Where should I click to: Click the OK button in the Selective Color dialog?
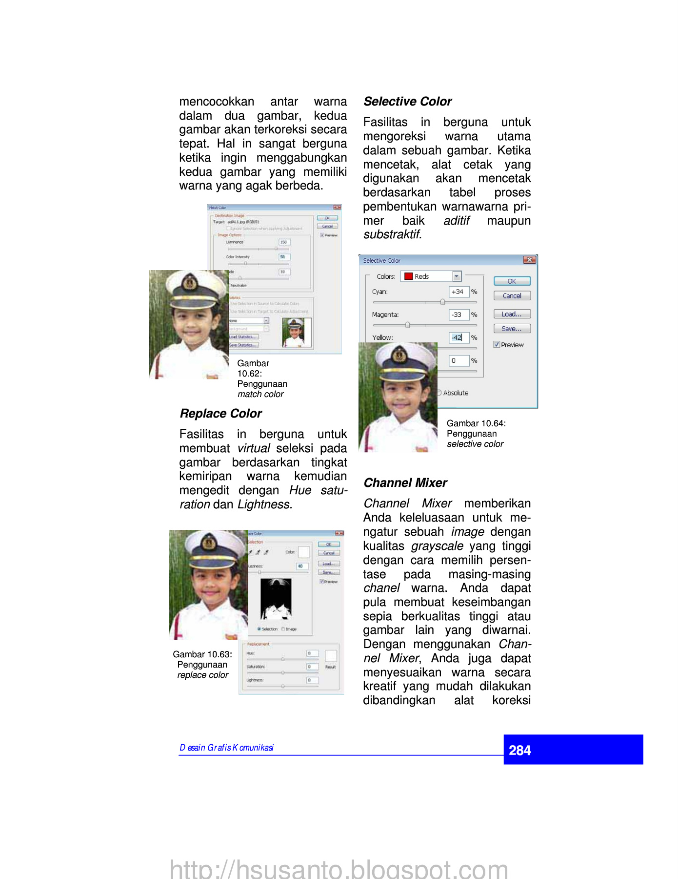tap(512, 281)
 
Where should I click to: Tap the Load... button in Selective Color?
tap(512, 314)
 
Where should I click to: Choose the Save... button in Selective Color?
tap(512, 329)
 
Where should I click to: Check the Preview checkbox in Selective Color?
tap(497, 344)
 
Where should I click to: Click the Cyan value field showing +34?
tap(459, 292)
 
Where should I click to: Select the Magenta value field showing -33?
tap(459, 314)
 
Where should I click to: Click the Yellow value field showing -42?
tap(459, 337)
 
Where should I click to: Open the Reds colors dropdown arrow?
tap(457, 276)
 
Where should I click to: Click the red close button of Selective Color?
tap(529, 260)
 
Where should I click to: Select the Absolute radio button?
tap(439, 393)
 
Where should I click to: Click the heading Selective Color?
tap(408, 102)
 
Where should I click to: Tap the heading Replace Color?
tap(221, 414)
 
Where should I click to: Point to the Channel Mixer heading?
tap(405, 483)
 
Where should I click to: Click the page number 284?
tap(519, 750)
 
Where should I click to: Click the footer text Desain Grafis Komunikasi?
tap(226, 748)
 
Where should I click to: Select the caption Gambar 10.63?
tap(202, 654)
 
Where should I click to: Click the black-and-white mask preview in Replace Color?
tap(276, 599)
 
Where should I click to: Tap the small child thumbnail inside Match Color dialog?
tap(297, 333)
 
